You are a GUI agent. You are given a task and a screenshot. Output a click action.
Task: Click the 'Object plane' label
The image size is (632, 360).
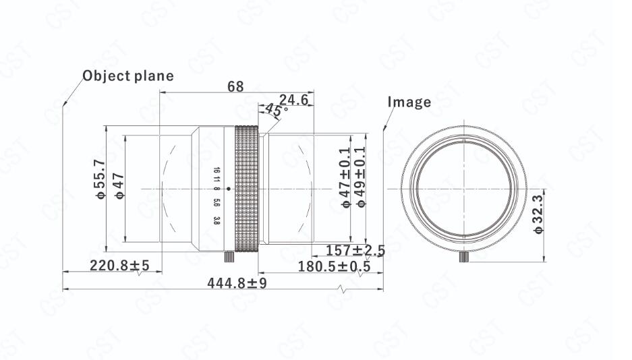tap(127, 76)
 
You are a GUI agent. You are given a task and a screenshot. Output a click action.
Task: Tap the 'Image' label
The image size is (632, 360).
tap(409, 102)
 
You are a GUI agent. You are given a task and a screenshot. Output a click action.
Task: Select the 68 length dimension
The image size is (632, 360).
tap(235, 86)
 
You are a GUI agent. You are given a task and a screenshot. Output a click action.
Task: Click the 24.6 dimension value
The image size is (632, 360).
tap(293, 100)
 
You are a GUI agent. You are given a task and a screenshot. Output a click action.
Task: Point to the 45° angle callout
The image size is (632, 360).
tap(277, 110)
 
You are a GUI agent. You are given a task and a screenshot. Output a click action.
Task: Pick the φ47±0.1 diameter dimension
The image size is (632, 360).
tap(345, 177)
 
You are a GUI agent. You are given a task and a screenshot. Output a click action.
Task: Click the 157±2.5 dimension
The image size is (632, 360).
tap(355, 251)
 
